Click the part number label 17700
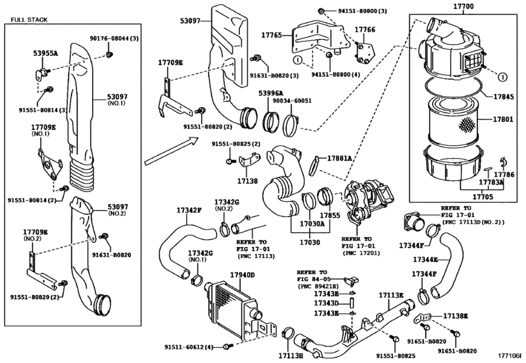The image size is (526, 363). [x=463, y=6]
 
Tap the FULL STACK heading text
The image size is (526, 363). [x=29, y=20]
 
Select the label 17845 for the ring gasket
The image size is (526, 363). [x=503, y=97]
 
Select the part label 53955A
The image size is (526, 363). [x=45, y=53]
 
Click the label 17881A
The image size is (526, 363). [x=339, y=158]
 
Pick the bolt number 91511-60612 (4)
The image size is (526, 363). [x=189, y=347]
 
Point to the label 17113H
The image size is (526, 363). [x=291, y=355]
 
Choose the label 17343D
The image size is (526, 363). [x=326, y=303]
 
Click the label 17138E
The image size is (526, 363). [x=455, y=316]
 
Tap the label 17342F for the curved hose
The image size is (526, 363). [x=189, y=211]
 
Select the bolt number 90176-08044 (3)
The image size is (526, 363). [x=114, y=38]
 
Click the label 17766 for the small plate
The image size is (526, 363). [x=365, y=30]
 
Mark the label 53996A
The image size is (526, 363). [x=270, y=93]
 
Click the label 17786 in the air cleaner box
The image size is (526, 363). [x=504, y=174]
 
